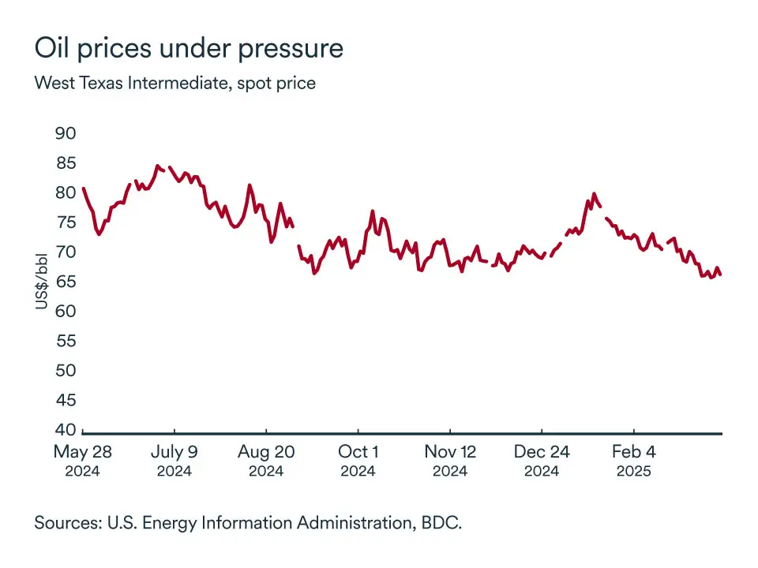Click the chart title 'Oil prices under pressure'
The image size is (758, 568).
[189, 49]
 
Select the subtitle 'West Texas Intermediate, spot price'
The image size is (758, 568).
[174, 83]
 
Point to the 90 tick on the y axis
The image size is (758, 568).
[66, 133]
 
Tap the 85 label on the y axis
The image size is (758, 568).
[66, 163]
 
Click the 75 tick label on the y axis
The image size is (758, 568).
[66, 222]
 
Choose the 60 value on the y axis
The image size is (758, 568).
[66, 311]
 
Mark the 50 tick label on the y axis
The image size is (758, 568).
[66, 370]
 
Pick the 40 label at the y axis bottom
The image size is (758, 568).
[66, 430]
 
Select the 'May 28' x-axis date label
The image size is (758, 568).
[82, 453]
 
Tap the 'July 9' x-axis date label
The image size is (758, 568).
[174, 453]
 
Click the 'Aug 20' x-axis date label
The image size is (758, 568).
[266, 453]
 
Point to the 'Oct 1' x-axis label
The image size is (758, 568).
[358, 453]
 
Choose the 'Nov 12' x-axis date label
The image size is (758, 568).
[450, 453]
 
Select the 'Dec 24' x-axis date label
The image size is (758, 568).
[542, 453]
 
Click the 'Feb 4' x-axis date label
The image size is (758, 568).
[633, 453]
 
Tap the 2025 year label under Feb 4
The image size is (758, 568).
[633, 472]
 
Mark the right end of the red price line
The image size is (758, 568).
[721, 274]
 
